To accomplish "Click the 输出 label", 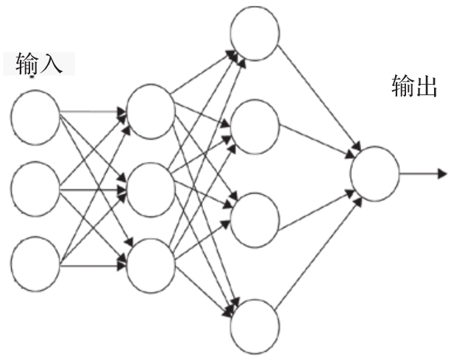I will (415, 88).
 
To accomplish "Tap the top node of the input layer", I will (35, 117).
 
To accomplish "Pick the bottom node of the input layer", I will (35, 262).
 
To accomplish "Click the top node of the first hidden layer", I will (151, 110).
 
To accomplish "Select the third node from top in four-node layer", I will (255, 218).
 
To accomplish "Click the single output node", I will (374, 174).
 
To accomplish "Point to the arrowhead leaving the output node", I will (441, 174).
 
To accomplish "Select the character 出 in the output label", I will (427, 88).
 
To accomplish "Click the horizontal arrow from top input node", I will (92, 113).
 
